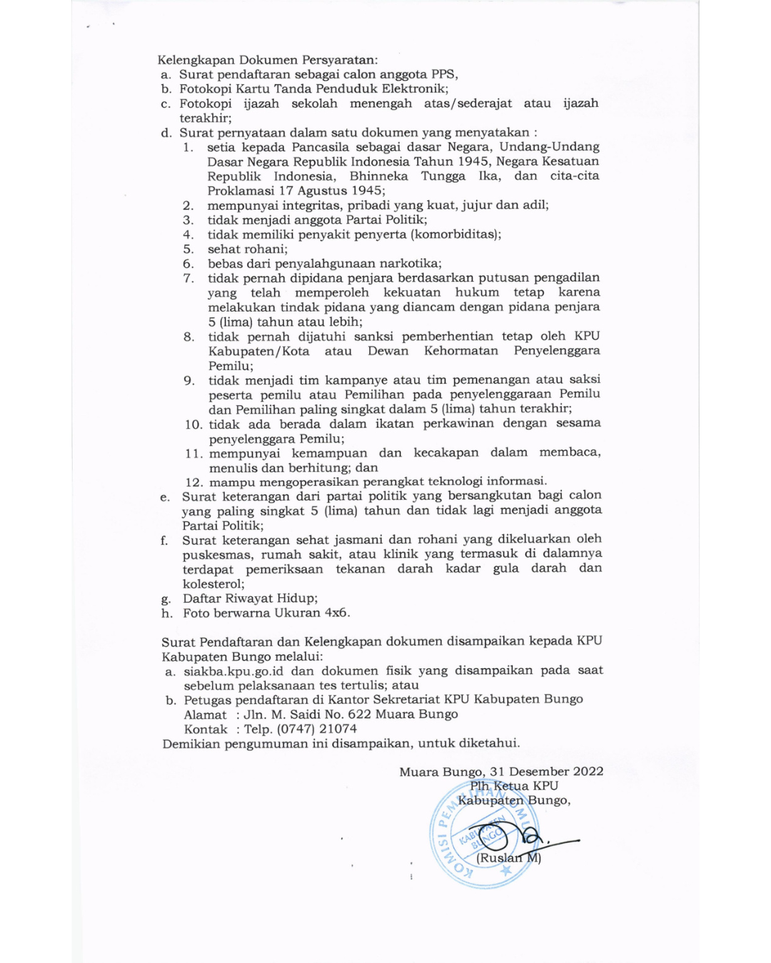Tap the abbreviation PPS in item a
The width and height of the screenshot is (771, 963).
[x=444, y=74]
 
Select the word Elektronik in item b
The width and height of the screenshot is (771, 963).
[x=414, y=89]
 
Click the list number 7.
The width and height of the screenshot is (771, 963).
[x=188, y=278]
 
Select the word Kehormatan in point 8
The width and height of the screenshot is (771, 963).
[x=461, y=351]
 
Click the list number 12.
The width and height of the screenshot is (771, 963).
[x=193, y=482]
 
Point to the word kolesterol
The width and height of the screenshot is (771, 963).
[x=212, y=584]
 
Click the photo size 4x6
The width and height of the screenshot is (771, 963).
[x=336, y=613]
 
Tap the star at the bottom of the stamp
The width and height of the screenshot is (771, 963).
[x=506, y=871]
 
